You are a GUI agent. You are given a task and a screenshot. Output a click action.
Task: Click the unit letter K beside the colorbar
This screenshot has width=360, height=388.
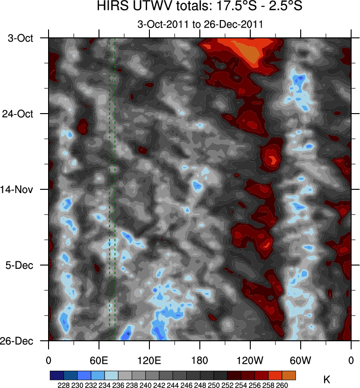(327, 380)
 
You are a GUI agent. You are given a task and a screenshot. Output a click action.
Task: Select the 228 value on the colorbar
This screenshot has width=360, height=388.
(64, 385)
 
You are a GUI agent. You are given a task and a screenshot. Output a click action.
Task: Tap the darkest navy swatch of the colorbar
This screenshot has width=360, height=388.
(56, 375)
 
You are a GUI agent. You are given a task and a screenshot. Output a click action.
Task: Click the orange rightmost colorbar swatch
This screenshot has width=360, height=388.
(289, 375)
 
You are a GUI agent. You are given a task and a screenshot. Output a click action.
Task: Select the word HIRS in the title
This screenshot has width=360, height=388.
(111, 7)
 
